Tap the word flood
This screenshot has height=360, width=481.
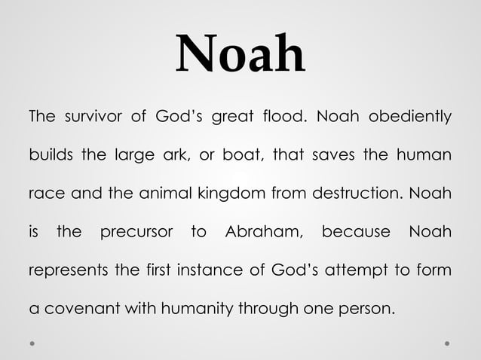pos(284,117)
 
